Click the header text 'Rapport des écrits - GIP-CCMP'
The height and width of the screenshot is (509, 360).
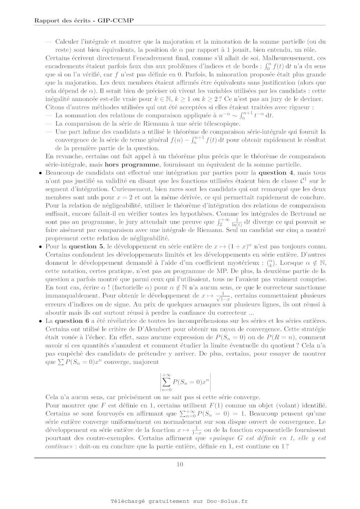84,21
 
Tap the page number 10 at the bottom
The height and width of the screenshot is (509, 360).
180,464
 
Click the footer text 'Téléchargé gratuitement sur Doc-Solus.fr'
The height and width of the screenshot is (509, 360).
180,501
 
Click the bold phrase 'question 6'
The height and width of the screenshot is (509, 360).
72,321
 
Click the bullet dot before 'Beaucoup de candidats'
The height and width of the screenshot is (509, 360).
40,173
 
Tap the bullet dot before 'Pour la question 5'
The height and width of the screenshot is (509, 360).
40,247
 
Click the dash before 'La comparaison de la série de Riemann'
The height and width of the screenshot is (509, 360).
49,123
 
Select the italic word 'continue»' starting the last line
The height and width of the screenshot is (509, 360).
57,447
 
